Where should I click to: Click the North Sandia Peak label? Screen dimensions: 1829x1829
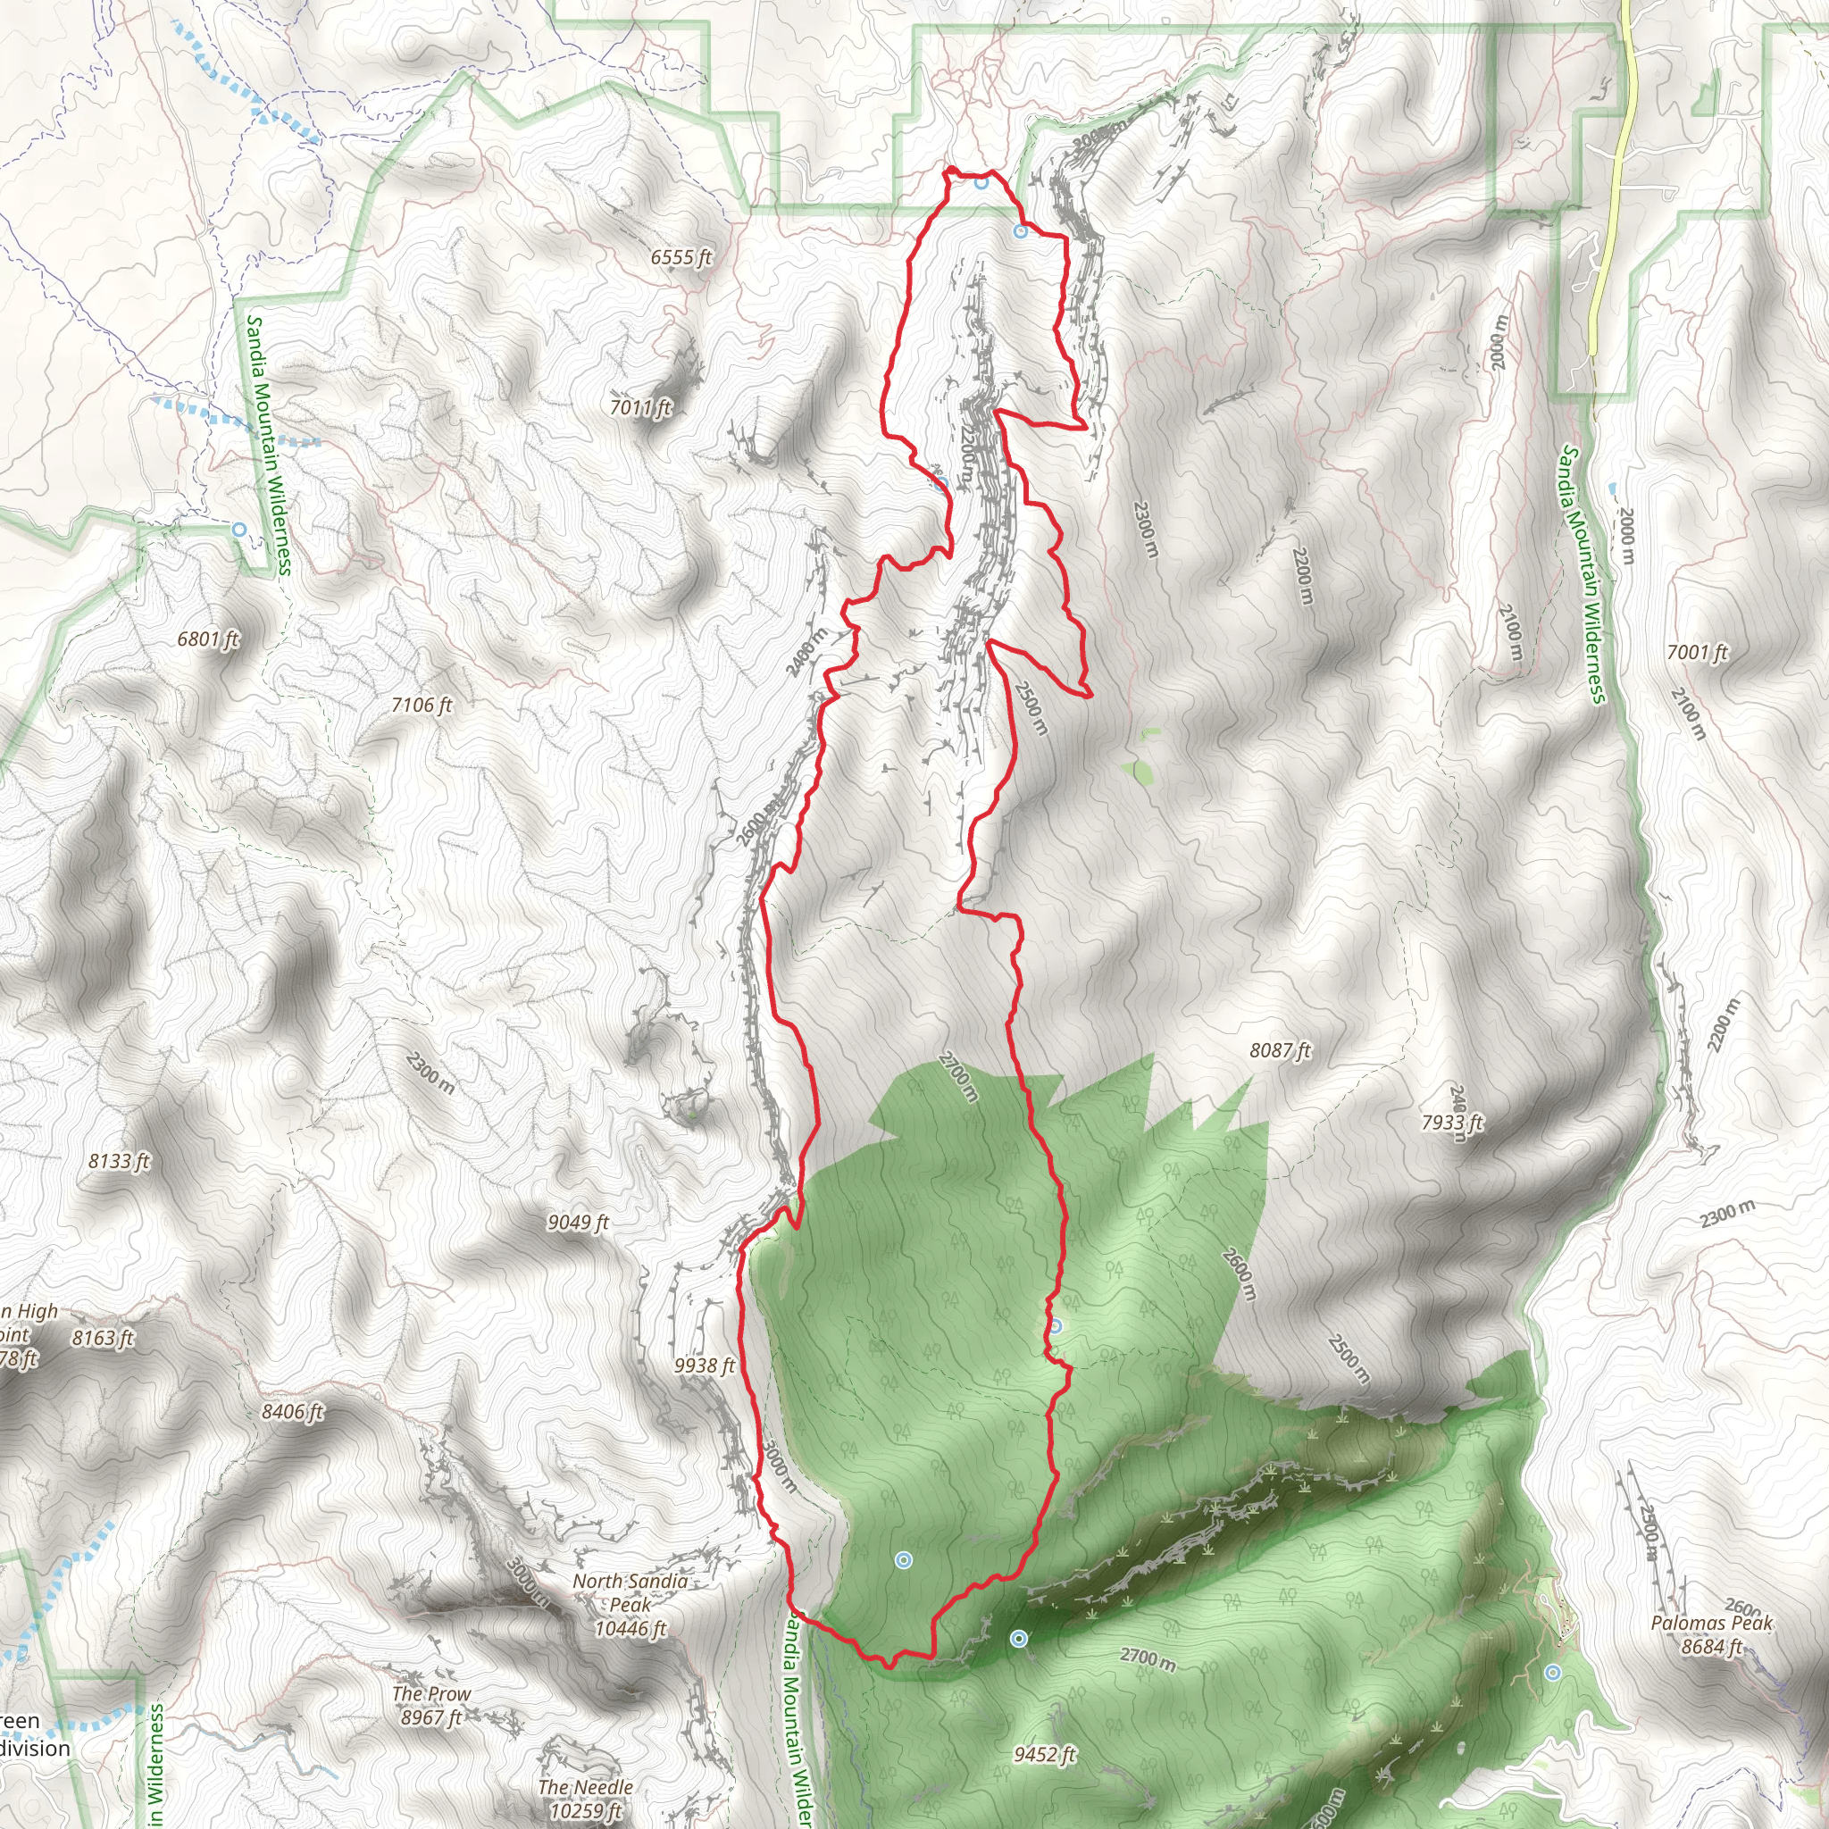[x=630, y=1605]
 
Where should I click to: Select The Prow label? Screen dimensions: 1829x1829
[x=430, y=1705]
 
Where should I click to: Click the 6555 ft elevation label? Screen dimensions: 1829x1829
[x=681, y=257]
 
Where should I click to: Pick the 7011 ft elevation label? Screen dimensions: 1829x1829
[x=641, y=408]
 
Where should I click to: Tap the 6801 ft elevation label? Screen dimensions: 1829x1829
[x=208, y=639]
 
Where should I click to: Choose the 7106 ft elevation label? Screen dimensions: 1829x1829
[x=422, y=706]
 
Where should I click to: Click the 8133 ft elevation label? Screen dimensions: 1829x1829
[x=120, y=1161]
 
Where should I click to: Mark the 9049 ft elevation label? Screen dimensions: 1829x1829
[x=578, y=1223]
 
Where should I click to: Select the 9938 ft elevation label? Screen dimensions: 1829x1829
[x=705, y=1365]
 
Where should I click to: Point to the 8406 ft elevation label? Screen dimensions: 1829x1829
[x=293, y=1412]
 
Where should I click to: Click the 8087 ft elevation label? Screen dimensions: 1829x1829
[x=1280, y=1050]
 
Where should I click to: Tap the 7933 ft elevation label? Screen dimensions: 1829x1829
[x=1452, y=1123]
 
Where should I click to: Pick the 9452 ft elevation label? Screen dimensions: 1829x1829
[x=1044, y=1754]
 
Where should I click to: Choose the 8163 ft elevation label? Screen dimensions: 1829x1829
[x=104, y=1338]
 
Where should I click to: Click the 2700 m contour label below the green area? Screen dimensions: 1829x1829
[x=1148, y=1658]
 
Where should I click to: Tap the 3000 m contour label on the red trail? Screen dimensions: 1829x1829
[x=777, y=1468]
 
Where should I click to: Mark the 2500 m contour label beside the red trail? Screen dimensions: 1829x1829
[x=1031, y=708]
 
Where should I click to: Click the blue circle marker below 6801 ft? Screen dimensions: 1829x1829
[x=240, y=530]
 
